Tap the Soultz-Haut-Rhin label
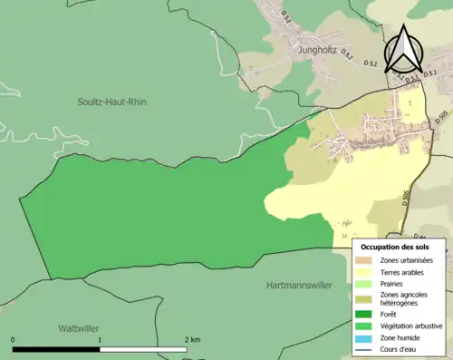tap(111, 102)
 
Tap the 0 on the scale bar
tap(14, 339)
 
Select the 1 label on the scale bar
tap(99, 339)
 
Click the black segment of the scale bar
tap(55, 349)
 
